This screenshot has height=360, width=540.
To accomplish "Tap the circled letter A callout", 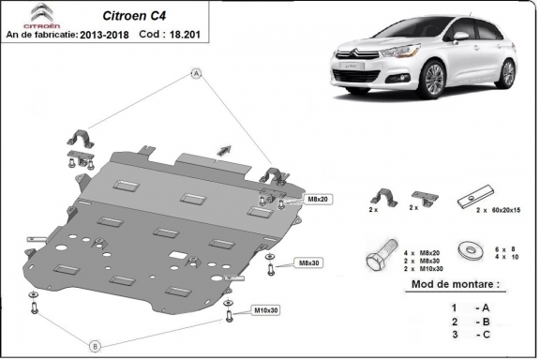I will tap(197, 72).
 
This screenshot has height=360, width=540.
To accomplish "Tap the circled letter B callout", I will tap(94, 346).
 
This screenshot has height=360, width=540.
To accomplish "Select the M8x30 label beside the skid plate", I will tap(308, 262).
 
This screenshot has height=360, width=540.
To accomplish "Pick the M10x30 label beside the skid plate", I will tap(267, 309).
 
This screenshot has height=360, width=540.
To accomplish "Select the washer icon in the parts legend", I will tap(464, 250).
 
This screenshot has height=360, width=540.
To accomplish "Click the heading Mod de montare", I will tap(449, 282).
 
